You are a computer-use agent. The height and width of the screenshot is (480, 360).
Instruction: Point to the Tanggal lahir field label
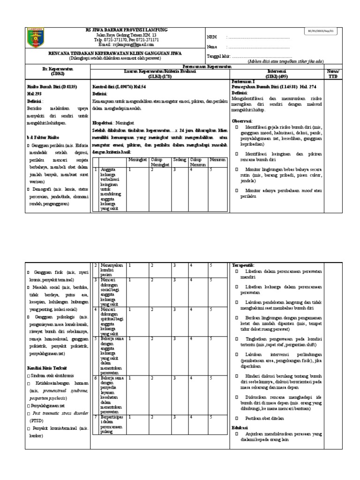(x=216, y=57)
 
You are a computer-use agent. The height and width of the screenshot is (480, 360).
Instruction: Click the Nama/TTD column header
(x=332, y=74)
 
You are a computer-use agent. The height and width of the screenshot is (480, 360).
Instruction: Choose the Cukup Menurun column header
(x=197, y=162)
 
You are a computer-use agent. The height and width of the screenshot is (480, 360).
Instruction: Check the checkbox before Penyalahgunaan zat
(x=29, y=404)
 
